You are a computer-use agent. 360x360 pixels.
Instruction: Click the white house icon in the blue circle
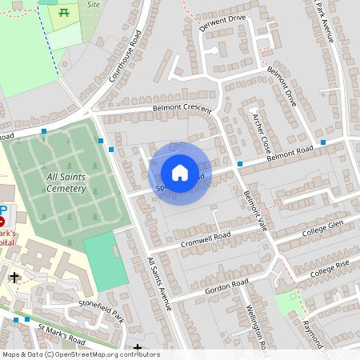pyautogui.click(x=180, y=173)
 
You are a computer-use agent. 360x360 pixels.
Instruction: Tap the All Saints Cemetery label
pyautogui.click(x=54, y=182)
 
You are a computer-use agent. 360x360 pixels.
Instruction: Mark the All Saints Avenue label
pyautogui.click(x=159, y=283)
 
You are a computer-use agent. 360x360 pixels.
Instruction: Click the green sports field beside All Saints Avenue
pyautogui.click(x=106, y=261)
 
